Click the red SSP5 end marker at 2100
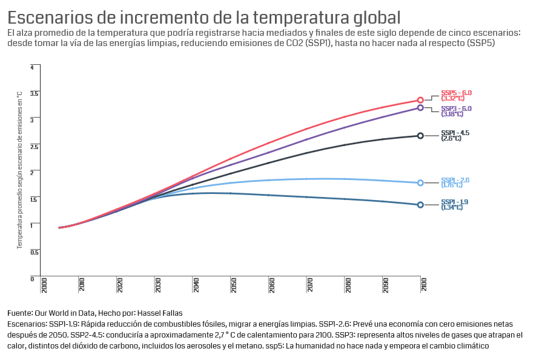pyautogui.click(x=420, y=100)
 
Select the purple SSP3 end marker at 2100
pyautogui.click(x=420, y=108)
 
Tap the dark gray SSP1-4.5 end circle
pyautogui.click(x=420, y=136)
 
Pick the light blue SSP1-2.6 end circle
pyautogui.click(x=420, y=182)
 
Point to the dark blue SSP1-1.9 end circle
pyautogui.click(x=420, y=205)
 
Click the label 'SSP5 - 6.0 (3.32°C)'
pyautogui.click(x=456, y=95)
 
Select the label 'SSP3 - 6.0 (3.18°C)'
pyautogui.click(x=456, y=111)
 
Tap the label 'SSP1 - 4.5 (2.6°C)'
pyautogui.click(x=455, y=135)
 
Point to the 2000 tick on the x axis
pyautogui.click(x=44, y=285)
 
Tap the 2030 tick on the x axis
pyautogui.click(x=157, y=285)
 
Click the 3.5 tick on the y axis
pyautogui.click(x=34, y=93)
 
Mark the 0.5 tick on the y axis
pyautogui.click(x=34, y=252)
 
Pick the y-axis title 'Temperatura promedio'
pyautogui.click(x=19, y=170)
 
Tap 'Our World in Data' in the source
pyautogui.click(x=65, y=313)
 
